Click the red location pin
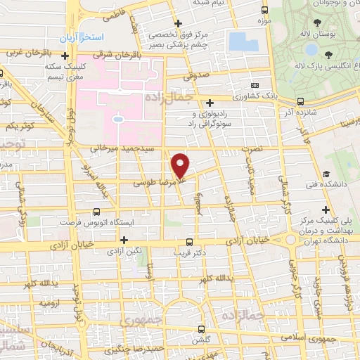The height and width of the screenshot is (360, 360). click(181, 166)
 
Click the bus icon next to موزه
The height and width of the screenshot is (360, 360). click(264, 11)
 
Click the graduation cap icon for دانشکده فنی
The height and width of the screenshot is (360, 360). click(326, 174)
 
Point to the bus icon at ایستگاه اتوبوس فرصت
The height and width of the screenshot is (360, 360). click(97, 211)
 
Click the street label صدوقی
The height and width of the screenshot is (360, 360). click(198, 73)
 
